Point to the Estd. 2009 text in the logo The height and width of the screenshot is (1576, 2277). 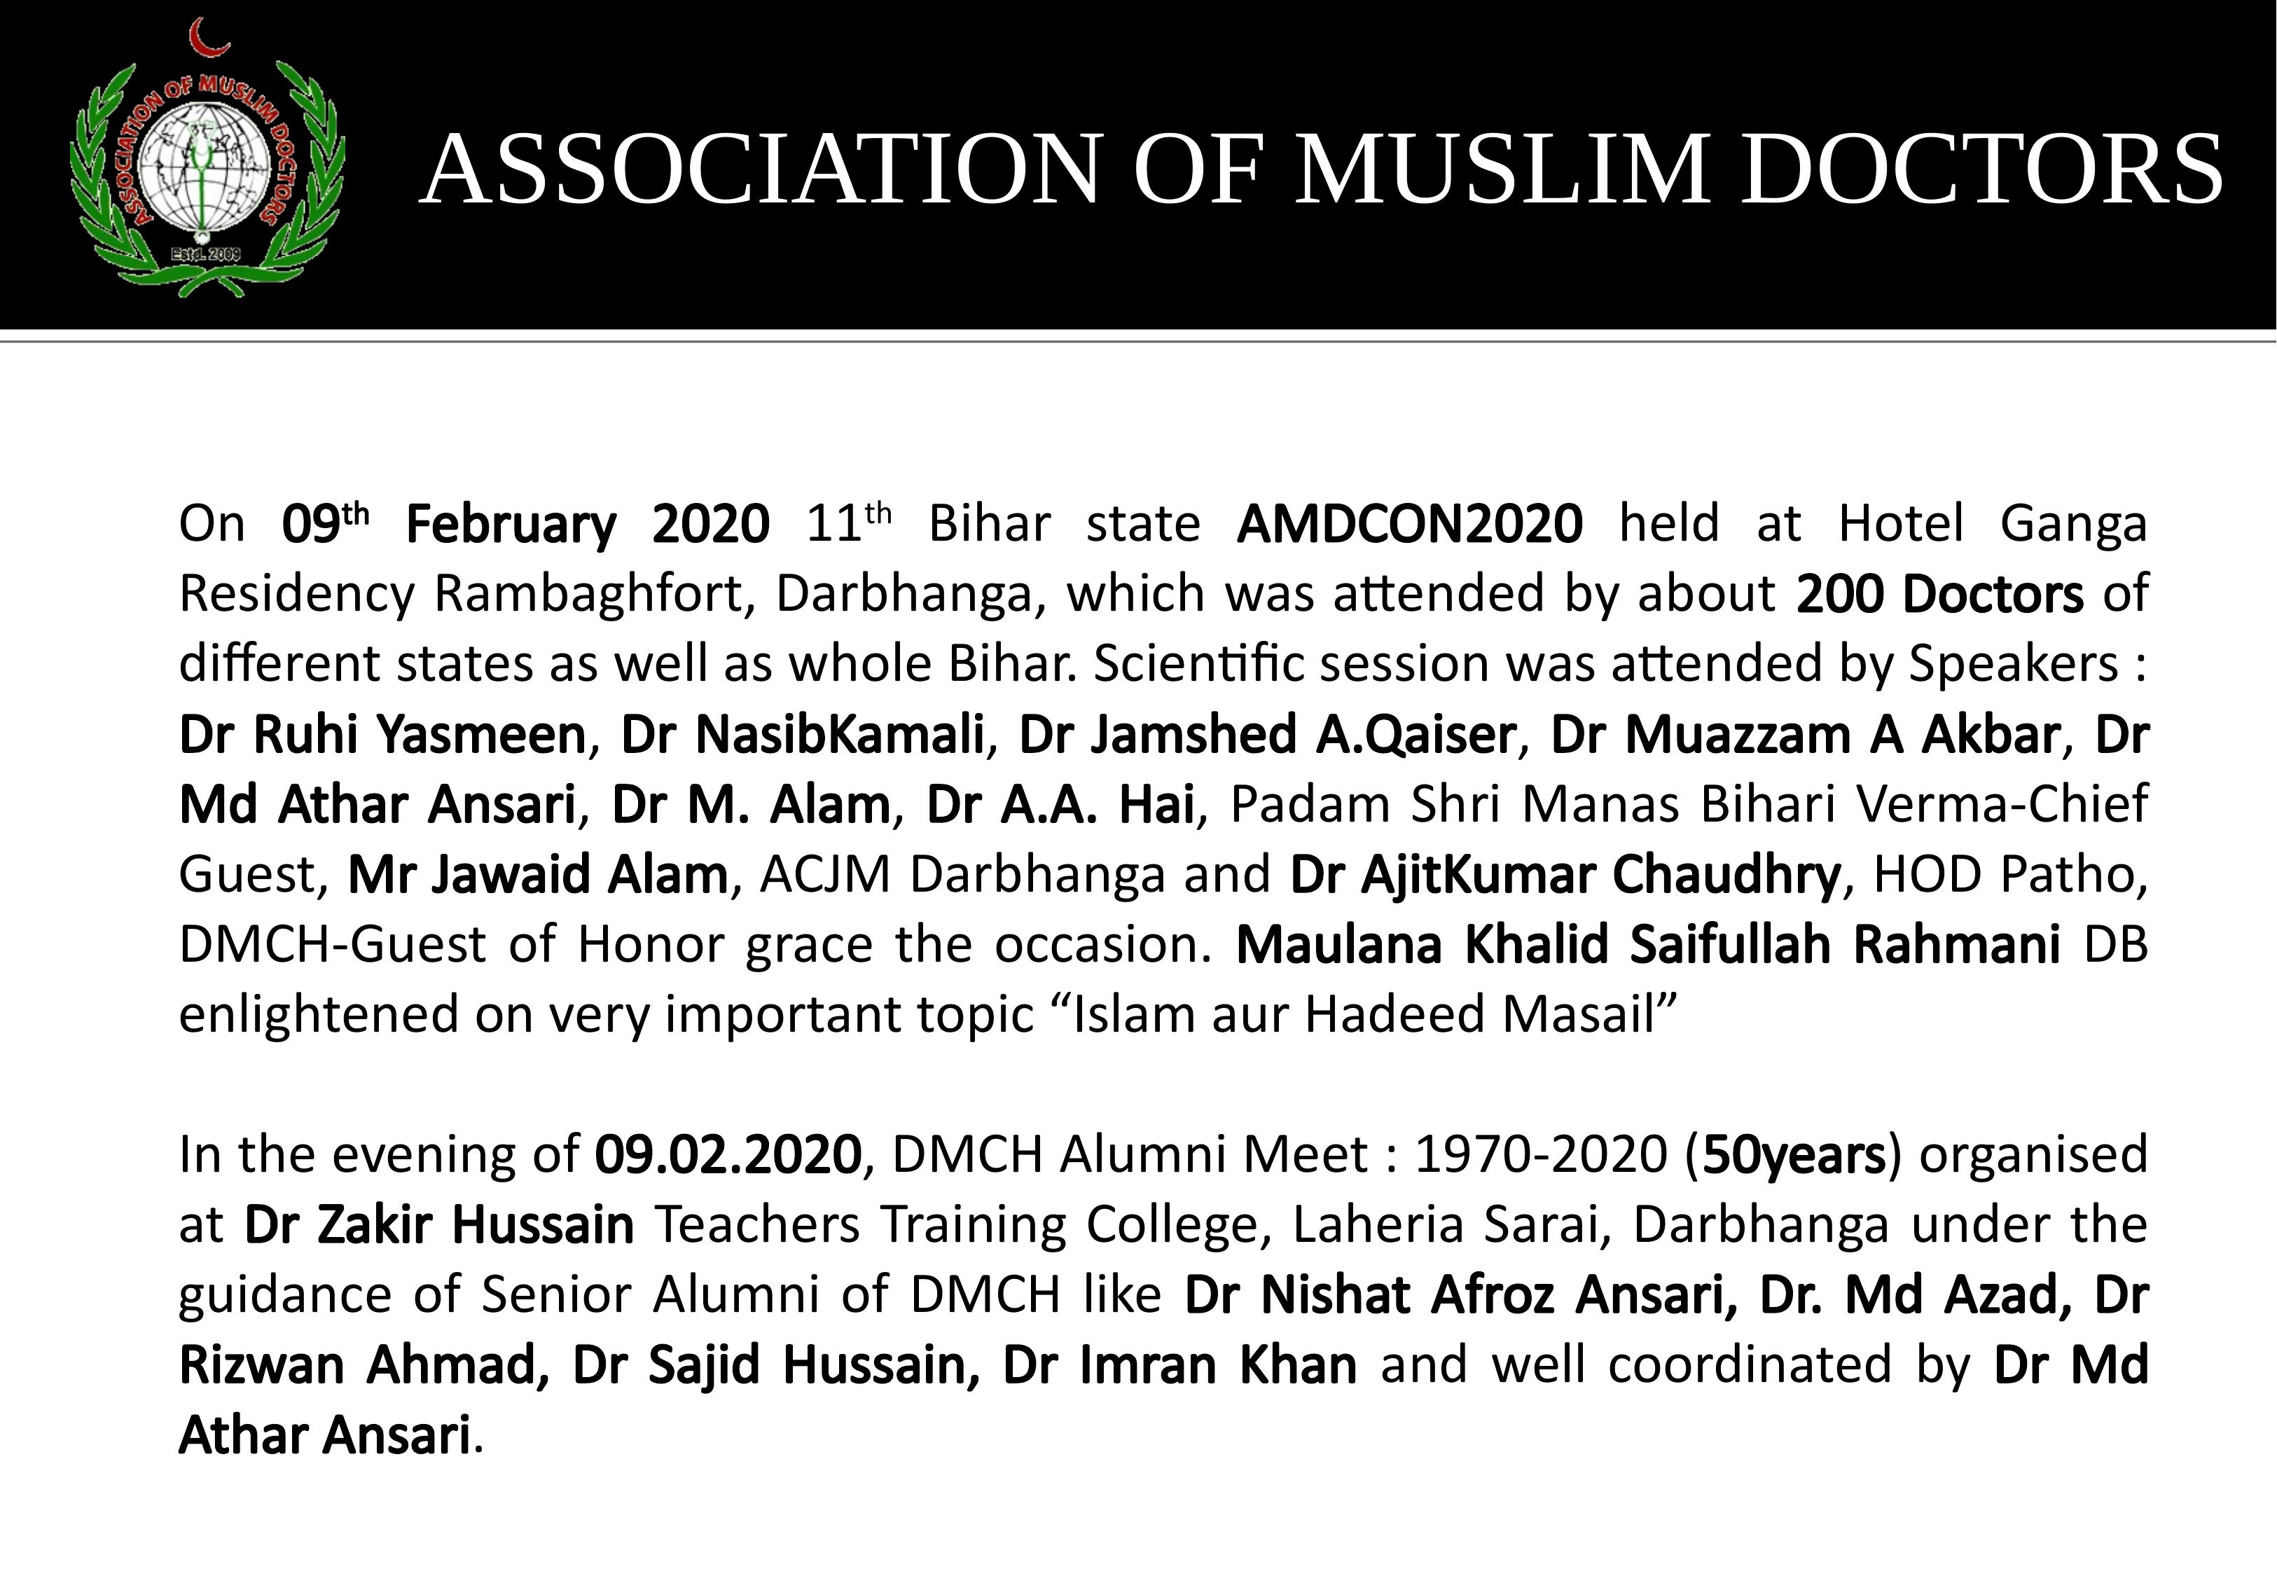207,255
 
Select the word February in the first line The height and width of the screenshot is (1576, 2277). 511,525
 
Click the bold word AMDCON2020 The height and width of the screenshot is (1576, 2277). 1409,525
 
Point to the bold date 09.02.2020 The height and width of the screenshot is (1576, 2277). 728,1154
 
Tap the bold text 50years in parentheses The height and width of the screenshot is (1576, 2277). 1794,1154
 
